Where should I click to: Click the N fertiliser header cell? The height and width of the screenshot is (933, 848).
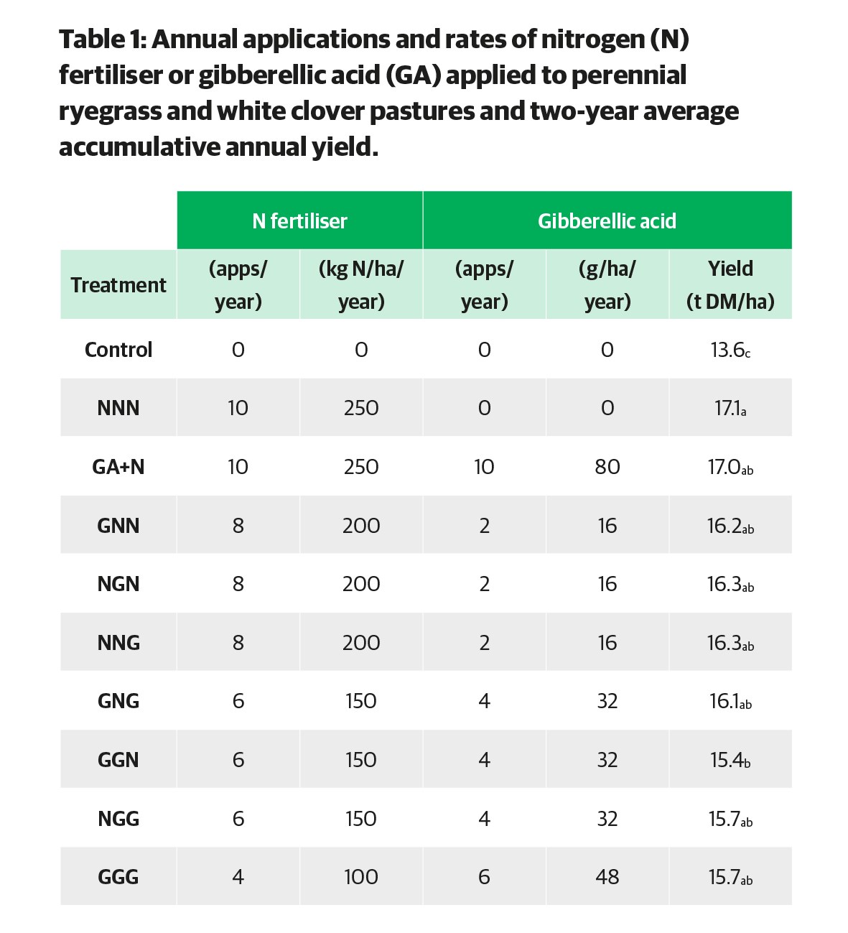(x=299, y=221)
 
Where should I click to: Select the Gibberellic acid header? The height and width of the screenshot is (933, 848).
(x=607, y=221)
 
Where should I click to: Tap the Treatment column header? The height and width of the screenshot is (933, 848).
(x=118, y=284)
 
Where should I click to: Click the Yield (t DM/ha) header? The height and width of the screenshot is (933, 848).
(x=730, y=284)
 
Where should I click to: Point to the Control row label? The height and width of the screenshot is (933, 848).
(x=118, y=350)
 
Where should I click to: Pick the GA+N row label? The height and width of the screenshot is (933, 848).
(x=118, y=467)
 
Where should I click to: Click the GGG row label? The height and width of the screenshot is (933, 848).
(x=118, y=877)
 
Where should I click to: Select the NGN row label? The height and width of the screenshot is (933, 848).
(x=118, y=584)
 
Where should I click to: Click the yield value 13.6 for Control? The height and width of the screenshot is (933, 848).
(x=730, y=350)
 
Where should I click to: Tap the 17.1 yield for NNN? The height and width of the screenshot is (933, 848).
(x=730, y=409)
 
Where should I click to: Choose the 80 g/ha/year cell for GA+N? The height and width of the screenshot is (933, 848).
(x=607, y=467)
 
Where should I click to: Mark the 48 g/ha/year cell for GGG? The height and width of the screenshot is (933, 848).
(x=607, y=877)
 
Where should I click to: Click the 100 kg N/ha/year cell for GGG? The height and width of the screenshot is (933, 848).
(x=361, y=877)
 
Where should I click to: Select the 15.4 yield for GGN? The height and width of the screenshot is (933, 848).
(x=730, y=760)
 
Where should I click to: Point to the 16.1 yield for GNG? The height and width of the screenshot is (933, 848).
(x=730, y=701)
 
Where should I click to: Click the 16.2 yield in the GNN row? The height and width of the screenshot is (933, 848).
(x=730, y=526)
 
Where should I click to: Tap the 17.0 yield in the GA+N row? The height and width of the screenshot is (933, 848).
(x=730, y=467)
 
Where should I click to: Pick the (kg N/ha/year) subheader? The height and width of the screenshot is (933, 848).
(x=361, y=284)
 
